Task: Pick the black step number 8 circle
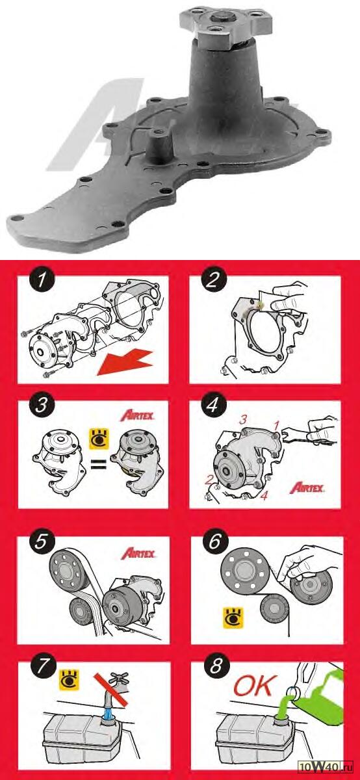pyautogui.click(x=216, y=666)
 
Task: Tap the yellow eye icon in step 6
pyautogui.click(x=233, y=618)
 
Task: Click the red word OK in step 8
pyautogui.click(x=255, y=685)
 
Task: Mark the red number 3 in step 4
pyautogui.click(x=242, y=420)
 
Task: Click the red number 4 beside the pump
pyautogui.click(x=264, y=495)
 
